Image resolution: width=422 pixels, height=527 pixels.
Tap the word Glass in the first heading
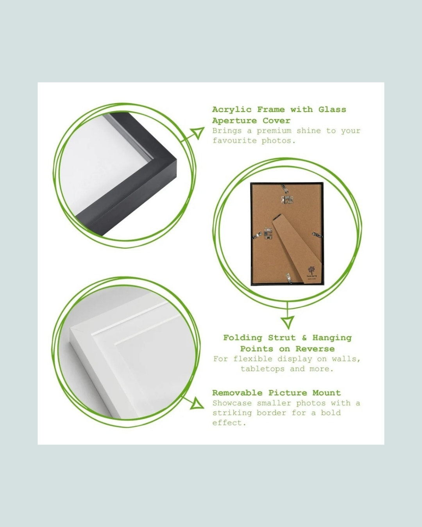coord(332,109)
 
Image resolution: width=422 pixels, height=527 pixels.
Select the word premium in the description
coord(274,131)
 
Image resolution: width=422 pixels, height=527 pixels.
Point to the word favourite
coord(234,141)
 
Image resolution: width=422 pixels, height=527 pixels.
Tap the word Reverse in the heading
coord(315,349)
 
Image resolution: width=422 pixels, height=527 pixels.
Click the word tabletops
coord(262,369)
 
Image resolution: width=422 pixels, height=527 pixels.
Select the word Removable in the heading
coord(237,393)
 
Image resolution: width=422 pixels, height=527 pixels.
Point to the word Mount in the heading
coord(327,393)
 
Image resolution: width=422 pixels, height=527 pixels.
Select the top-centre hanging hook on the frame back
coord(287,200)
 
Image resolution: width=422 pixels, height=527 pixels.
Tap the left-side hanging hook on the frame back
coord(268,233)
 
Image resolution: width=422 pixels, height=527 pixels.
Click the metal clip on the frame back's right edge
coord(317,235)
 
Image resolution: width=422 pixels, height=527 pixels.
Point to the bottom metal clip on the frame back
coord(289,278)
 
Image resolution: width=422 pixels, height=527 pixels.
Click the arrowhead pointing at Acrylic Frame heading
coord(198,133)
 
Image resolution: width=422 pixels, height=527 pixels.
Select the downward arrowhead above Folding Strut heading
coord(287,323)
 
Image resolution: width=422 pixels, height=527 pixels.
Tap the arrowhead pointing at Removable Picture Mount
coord(198,403)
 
